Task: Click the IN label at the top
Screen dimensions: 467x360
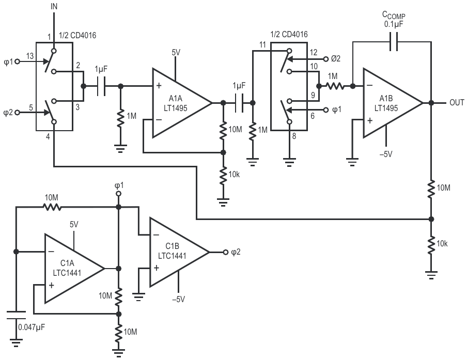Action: tap(54, 7)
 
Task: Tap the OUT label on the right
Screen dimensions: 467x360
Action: tap(457, 103)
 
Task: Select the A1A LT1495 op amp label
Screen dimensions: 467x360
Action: tap(176, 103)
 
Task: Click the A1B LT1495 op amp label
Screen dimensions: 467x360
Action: tap(386, 103)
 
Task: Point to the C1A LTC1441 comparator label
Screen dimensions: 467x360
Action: tap(67, 268)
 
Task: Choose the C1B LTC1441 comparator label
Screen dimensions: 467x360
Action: tap(172, 251)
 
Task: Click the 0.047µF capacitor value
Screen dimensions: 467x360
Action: tap(32, 327)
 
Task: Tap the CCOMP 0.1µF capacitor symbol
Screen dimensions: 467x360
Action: tap(394, 42)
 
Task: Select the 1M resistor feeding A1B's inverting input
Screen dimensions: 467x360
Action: tap(335, 86)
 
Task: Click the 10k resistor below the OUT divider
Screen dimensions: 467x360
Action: tap(431, 245)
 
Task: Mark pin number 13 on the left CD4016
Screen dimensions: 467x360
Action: tap(30, 56)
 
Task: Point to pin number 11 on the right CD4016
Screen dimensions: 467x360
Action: tap(262, 45)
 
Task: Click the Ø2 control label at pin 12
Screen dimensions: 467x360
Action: tap(336, 59)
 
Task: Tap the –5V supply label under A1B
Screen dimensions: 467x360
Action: tap(386, 154)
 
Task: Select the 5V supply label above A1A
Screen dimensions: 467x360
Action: tap(176, 53)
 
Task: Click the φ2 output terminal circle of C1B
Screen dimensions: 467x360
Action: tap(226, 252)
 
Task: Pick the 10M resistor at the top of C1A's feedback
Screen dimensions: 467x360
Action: tap(52, 207)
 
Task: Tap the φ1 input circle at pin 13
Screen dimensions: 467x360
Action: tap(17, 61)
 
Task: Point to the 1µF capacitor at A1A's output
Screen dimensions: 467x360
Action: tap(239, 103)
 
